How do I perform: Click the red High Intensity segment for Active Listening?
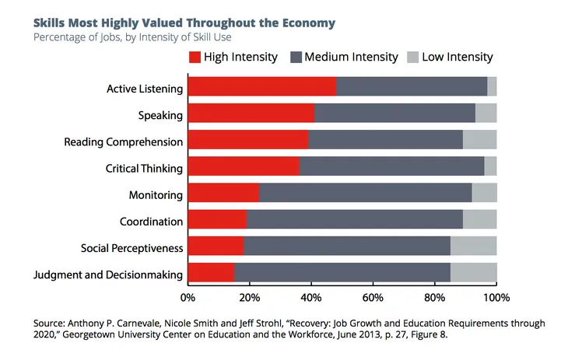click(261, 86)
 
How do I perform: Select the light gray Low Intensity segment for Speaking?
click(486, 114)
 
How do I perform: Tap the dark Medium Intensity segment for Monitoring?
click(365, 193)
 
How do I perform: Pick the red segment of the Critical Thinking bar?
click(243, 166)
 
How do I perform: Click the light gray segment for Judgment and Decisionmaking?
click(473, 273)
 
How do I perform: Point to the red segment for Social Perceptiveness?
click(216, 246)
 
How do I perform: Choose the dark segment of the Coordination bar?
click(354, 220)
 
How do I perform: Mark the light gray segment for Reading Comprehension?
click(479, 140)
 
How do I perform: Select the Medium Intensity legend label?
click(351, 57)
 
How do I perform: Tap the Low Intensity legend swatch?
click(412, 57)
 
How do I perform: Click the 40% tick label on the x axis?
click(311, 297)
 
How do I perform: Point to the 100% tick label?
click(496, 297)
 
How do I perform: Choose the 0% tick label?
click(188, 297)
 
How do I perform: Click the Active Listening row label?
click(145, 89)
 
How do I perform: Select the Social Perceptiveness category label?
click(132, 248)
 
